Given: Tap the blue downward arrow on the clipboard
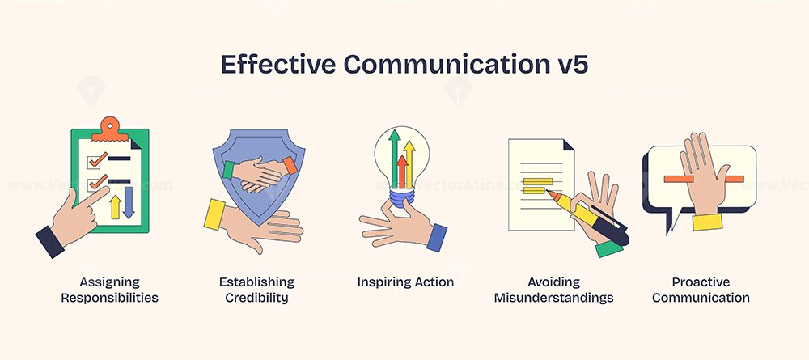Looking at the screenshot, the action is point(129,202).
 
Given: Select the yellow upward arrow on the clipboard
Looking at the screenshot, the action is point(116,206).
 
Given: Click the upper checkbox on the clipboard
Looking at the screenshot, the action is point(95,162).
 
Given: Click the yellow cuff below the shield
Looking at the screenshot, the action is point(214,214).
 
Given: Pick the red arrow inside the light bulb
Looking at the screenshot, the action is point(402,172).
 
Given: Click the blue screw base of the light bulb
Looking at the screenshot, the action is point(402,197).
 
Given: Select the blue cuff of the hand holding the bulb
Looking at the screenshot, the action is point(437,237).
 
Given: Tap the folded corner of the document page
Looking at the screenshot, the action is point(569,145).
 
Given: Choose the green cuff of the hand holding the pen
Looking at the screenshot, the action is point(609,248).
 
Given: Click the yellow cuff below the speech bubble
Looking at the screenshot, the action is point(707,222).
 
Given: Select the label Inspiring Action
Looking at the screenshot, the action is point(405,282).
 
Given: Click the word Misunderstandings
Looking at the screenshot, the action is point(553,298).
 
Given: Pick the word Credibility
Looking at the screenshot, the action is point(256,298).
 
